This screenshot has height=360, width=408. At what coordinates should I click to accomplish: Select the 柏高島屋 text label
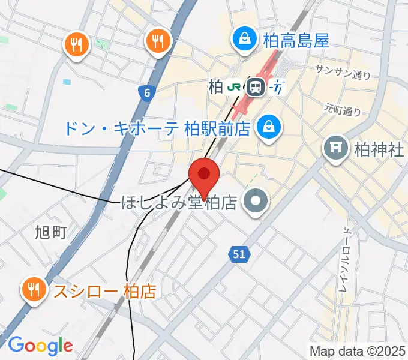[296, 41]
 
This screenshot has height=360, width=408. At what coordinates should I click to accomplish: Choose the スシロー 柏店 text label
[105, 292]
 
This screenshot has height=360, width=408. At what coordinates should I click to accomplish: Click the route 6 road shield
[146, 92]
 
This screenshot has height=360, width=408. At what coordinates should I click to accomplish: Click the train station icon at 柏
[256, 88]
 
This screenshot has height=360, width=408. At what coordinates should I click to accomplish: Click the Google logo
[41, 346]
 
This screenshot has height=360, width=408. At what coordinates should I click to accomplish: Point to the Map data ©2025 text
[358, 351]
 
